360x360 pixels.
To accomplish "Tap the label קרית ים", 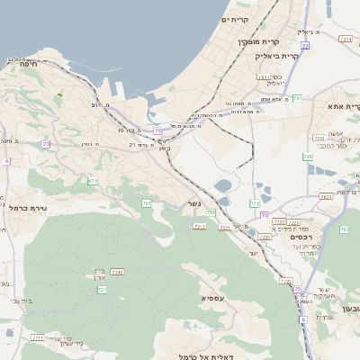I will point(235,19).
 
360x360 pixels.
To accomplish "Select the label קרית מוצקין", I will point(258,42).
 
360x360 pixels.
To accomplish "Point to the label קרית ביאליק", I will point(274,56).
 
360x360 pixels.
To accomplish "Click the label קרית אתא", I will point(342,106).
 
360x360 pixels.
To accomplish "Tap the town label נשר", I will point(193,203).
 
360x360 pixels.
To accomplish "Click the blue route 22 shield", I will point(306,45).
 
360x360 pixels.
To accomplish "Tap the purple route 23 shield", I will point(46,144).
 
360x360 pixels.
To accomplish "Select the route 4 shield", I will point(5,161).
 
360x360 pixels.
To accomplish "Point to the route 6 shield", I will point(303,319).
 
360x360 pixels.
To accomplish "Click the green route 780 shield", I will point(308,157).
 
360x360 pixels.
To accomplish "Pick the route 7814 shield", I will point(346,40).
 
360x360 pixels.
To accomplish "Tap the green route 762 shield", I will point(344,230).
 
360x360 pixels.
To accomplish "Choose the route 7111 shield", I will point(37,337).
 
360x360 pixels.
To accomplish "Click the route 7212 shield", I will point(199,226).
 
